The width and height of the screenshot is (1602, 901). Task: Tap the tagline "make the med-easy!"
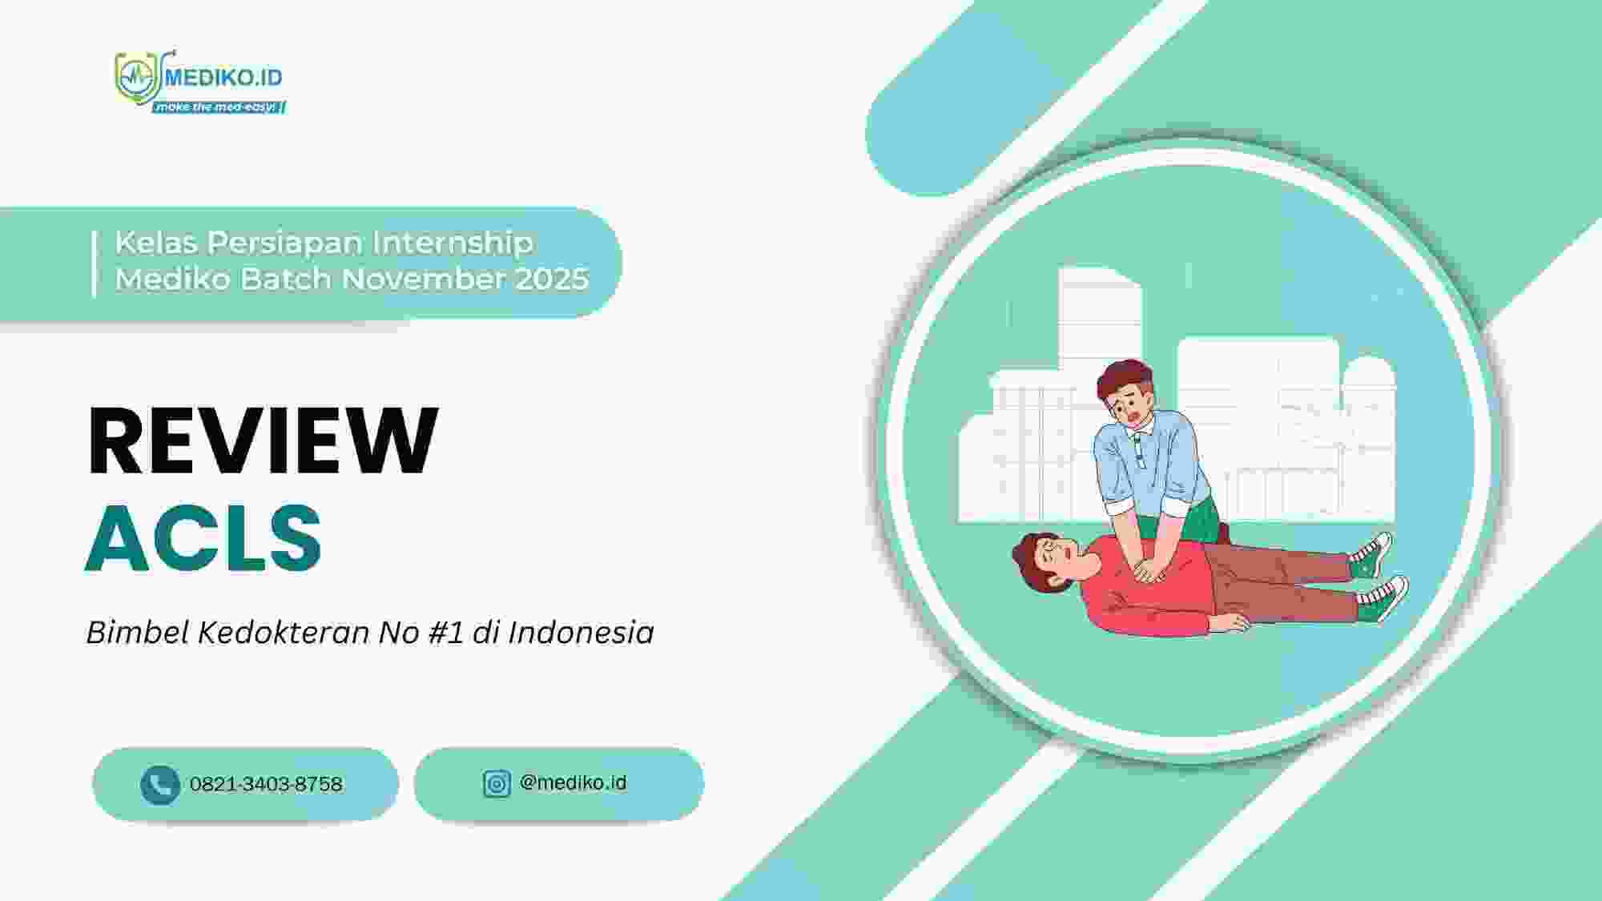click(x=218, y=107)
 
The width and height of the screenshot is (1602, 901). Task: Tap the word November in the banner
click(x=424, y=279)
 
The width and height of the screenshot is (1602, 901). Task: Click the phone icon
click(x=159, y=784)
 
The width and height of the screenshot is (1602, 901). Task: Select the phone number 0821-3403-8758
click(x=266, y=784)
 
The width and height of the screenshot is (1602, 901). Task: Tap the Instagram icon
click(x=497, y=783)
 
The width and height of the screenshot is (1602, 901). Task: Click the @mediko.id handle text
click(x=573, y=782)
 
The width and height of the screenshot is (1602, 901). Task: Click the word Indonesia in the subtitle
click(x=581, y=633)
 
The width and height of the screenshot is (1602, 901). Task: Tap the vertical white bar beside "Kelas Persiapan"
click(x=95, y=263)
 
